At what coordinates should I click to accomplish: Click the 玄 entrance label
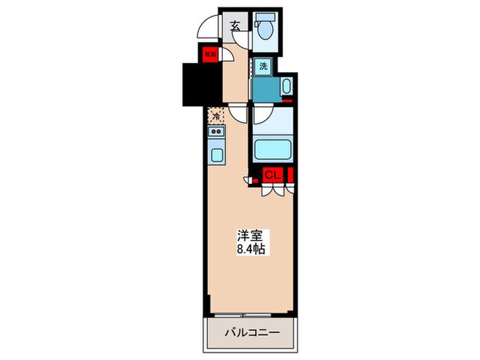pos(235,26)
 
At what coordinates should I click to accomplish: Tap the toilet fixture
pos(264,28)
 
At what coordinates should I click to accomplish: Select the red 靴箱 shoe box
pos(208,53)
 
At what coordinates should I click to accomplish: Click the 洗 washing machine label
pos(263,67)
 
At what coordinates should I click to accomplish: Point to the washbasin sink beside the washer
pos(286,87)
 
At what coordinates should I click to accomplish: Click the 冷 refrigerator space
pos(217,116)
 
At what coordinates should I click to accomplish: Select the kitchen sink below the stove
pos(217,154)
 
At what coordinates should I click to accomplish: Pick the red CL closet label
pos(272,175)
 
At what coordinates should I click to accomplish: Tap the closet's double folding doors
pos(272,191)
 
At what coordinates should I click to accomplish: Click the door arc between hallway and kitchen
pos(237,114)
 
